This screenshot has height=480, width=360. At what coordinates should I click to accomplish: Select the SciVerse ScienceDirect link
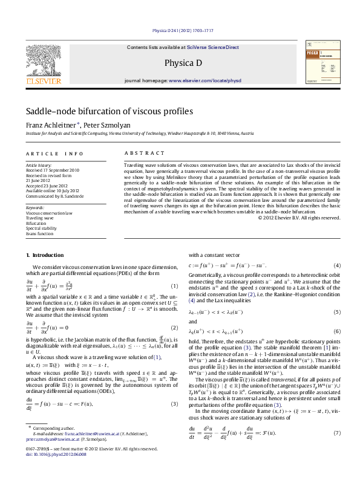(212, 47)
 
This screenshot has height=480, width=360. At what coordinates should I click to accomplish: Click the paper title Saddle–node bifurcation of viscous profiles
(109, 111)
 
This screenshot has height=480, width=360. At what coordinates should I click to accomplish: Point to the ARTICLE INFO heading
(55, 154)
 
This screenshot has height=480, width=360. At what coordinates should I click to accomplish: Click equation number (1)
(174, 302)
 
